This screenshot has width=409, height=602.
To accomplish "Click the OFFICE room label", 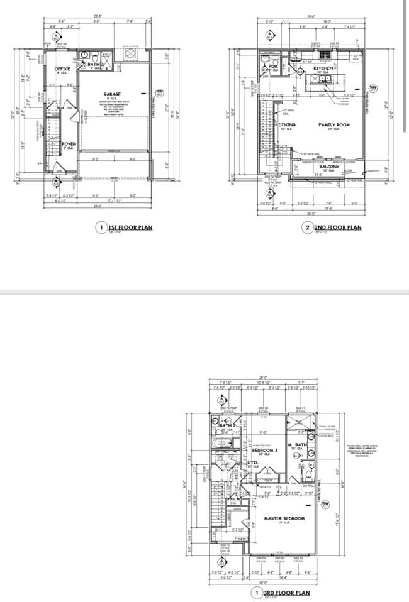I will coord(62,69).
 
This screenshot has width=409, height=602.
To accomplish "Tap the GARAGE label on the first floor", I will coord(112,94).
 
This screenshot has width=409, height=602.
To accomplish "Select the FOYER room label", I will coord(69,144).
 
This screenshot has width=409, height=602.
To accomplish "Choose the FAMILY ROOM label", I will coord(333,124).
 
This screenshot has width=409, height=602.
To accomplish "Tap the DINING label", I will coord(287,124).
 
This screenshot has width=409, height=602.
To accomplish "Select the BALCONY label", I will coord(329,167).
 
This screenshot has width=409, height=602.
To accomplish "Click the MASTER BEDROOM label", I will coord(284,518).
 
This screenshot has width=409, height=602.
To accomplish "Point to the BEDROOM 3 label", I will coord(265,450).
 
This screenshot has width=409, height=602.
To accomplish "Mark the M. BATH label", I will coord(296,445).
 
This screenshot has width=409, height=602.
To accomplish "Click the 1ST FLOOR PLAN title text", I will coord(130,227).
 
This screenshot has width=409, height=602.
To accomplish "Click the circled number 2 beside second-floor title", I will coord(308,227).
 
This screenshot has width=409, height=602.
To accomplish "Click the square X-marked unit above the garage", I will coord(131,54).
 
